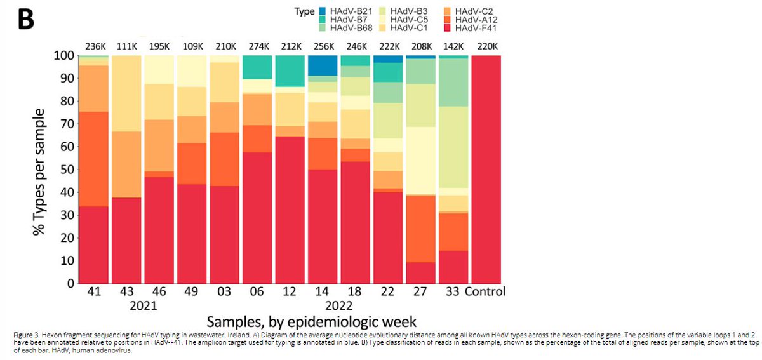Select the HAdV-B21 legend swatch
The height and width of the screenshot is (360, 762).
click(x=321, y=11)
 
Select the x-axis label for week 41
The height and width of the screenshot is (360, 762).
click(x=93, y=292)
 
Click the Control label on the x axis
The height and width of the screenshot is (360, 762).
click(x=485, y=292)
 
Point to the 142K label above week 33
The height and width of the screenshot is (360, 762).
click(x=453, y=46)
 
